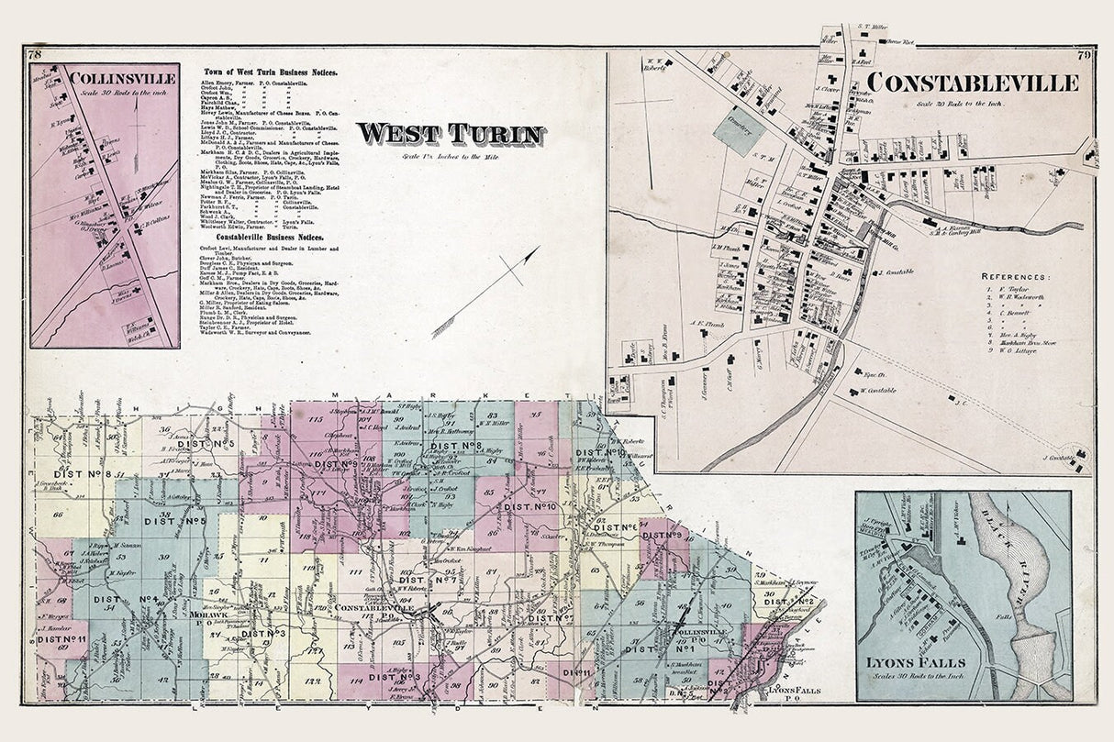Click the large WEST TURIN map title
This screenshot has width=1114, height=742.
449,134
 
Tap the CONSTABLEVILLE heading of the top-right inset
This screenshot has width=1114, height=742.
973,83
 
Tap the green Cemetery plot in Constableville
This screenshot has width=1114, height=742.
739,130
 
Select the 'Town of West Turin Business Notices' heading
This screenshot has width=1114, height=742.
270,72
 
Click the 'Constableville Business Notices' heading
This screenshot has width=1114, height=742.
269,235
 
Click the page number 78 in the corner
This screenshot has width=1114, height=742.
35,55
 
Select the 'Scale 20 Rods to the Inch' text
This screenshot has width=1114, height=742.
971,102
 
